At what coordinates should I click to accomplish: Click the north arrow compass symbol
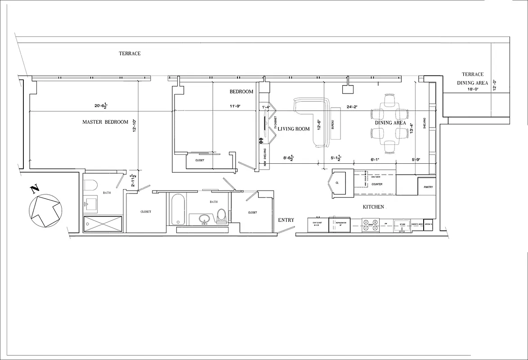click(45, 210)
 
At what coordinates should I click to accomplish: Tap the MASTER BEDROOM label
click(105, 122)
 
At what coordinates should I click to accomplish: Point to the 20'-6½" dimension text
click(101, 106)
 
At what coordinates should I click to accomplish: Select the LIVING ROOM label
click(294, 129)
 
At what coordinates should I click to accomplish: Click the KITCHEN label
click(374, 207)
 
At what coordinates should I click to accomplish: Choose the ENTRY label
click(286, 220)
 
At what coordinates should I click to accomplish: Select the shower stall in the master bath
click(103, 224)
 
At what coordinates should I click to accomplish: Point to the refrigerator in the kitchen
click(340, 225)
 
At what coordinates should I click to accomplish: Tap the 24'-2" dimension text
click(352, 107)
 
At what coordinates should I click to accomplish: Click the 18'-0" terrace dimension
click(473, 89)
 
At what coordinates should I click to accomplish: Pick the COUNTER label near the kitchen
click(377, 184)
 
